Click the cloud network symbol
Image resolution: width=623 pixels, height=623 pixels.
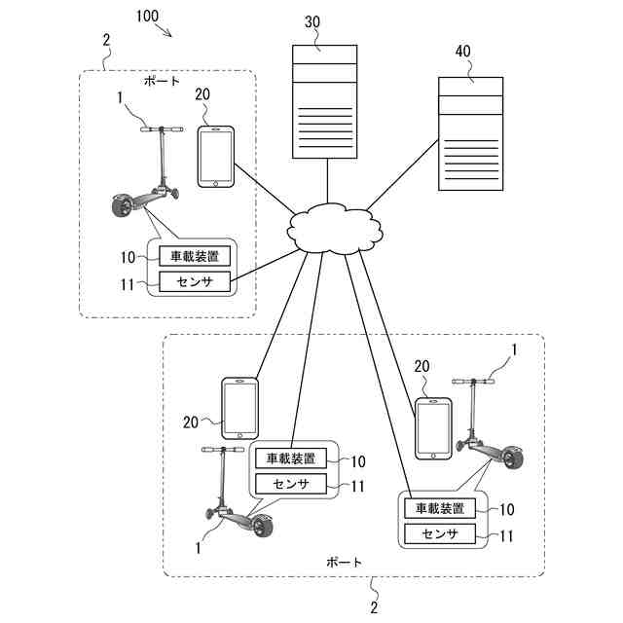tap(335, 229)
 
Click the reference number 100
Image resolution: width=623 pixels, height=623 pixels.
tap(147, 17)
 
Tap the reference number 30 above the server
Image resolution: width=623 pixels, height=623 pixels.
tap(312, 21)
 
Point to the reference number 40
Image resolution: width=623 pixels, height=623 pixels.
tap(463, 51)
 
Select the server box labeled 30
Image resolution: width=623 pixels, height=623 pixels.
tap(324, 101)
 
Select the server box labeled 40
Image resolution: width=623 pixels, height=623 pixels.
tap(470, 134)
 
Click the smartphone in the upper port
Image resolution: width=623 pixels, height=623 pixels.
tap(216, 157)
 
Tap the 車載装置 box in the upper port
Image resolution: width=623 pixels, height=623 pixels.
tap(195, 256)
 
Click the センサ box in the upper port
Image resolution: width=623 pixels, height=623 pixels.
tap(195, 281)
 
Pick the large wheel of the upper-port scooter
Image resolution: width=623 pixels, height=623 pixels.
tap(123, 205)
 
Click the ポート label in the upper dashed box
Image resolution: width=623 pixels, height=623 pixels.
tap(163, 82)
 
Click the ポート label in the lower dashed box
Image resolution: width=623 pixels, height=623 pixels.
tap(344, 563)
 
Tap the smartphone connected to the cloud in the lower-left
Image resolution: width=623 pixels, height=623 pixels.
tap(240, 409)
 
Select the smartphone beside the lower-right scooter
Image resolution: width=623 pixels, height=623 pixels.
tap(433, 428)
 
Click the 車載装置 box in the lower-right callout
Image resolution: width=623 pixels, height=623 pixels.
tap(440, 508)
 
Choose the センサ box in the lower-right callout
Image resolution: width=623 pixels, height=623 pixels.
tap(440, 534)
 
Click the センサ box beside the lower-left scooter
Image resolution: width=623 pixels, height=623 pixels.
tap(291, 484)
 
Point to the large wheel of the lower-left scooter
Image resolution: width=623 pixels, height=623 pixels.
tap(263, 527)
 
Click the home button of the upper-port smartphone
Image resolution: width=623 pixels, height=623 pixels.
tap(216, 184)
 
